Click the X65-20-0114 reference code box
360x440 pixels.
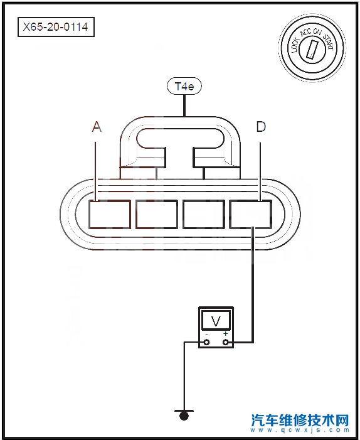pos(56,27)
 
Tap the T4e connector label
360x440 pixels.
pos(184,86)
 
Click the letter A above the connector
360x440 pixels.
pos(97,127)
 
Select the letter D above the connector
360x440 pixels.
pos(261,127)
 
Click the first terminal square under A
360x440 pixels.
pos(110,215)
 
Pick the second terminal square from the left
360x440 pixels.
pos(157,215)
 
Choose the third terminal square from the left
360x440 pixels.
pos(204,215)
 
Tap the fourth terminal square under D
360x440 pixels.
pos(251,215)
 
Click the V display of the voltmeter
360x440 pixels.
pos(216,320)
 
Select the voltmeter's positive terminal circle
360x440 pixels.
pos(225,342)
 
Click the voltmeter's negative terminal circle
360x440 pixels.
pos(206,342)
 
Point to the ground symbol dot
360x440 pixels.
pos(184,416)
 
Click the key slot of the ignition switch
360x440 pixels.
pos(312,49)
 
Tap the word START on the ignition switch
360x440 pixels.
pos(328,41)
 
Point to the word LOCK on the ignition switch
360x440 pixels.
pos(295,45)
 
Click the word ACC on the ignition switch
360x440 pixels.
pos(305,33)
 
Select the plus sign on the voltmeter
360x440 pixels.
pos(225,334)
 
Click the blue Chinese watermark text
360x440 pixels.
pos(300,420)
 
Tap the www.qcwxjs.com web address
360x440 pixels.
pos(300,430)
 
